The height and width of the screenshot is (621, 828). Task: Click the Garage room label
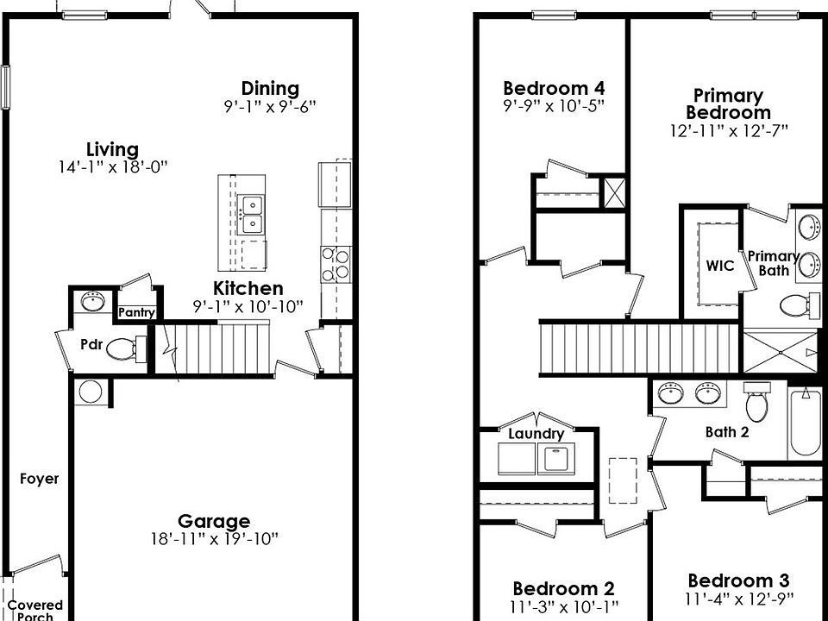(214, 521)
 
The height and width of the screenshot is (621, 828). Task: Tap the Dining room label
(270, 88)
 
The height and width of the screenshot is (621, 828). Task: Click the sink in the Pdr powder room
(92, 302)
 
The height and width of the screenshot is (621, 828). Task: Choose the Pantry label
(135, 312)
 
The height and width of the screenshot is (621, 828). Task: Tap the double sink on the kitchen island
(252, 214)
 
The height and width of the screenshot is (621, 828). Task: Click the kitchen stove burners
(336, 264)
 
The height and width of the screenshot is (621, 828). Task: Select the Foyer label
(40, 479)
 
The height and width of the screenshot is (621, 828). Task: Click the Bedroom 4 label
(553, 88)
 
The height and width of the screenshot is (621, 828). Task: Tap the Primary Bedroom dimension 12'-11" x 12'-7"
(729, 131)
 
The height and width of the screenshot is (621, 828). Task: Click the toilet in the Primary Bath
(799, 304)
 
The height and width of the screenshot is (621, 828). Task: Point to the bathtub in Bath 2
(805, 423)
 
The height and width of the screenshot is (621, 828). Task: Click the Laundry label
(536, 434)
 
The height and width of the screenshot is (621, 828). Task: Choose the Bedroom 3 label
(737, 580)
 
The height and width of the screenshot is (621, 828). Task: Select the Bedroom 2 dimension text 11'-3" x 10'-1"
(563, 606)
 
